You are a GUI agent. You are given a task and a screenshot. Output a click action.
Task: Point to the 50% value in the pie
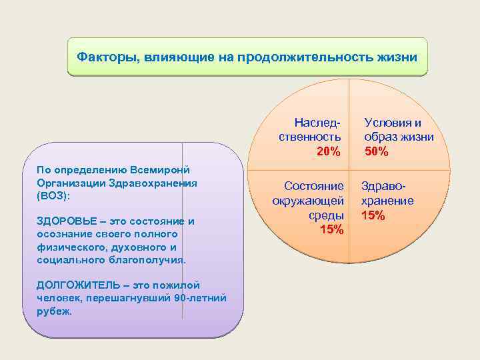[x=377, y=152]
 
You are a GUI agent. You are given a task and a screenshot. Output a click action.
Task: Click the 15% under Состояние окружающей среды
[x=332, y=230]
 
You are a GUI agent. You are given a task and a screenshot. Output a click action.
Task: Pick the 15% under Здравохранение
[x=373, y=215]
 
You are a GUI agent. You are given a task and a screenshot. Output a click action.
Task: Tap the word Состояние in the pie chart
[x=314, y=186]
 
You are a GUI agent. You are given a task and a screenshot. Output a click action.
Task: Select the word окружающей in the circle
[x=308, y=201]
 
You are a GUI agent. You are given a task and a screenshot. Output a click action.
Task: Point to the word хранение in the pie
[x=387, y=201]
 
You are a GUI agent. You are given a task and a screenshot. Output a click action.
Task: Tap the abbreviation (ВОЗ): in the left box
[x=54, y=197]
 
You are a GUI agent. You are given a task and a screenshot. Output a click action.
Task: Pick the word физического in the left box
[x=72, y=247]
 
